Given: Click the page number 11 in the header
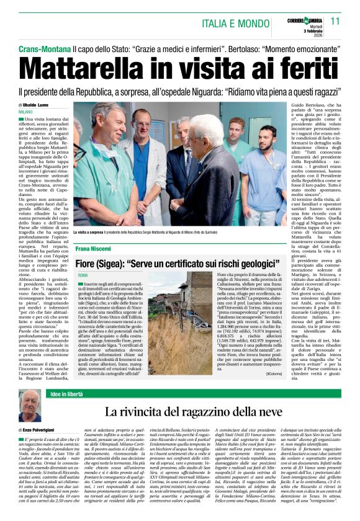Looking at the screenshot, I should pos(336,21).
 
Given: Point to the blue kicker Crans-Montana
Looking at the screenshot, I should pos(44,48).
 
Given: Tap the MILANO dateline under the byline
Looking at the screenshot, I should pos(26,112).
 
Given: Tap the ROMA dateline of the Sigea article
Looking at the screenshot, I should pos(83,274).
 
